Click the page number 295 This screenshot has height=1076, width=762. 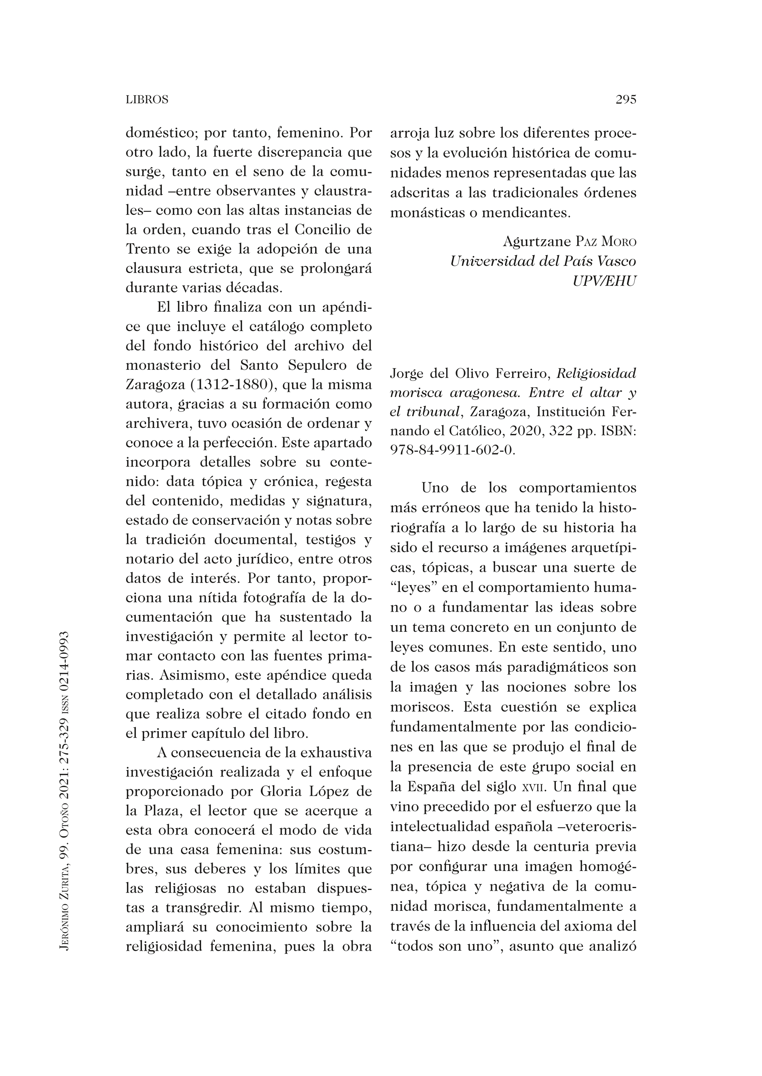coord(625,99)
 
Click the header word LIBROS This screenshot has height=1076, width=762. coord(147,100)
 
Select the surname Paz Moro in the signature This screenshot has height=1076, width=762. coord(605,242)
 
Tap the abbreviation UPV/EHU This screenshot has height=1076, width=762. coord(604,281)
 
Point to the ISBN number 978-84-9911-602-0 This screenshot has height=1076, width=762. coord(452,450)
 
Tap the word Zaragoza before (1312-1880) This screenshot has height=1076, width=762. coord(155,385)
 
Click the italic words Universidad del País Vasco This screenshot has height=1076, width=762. coord(543,261)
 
